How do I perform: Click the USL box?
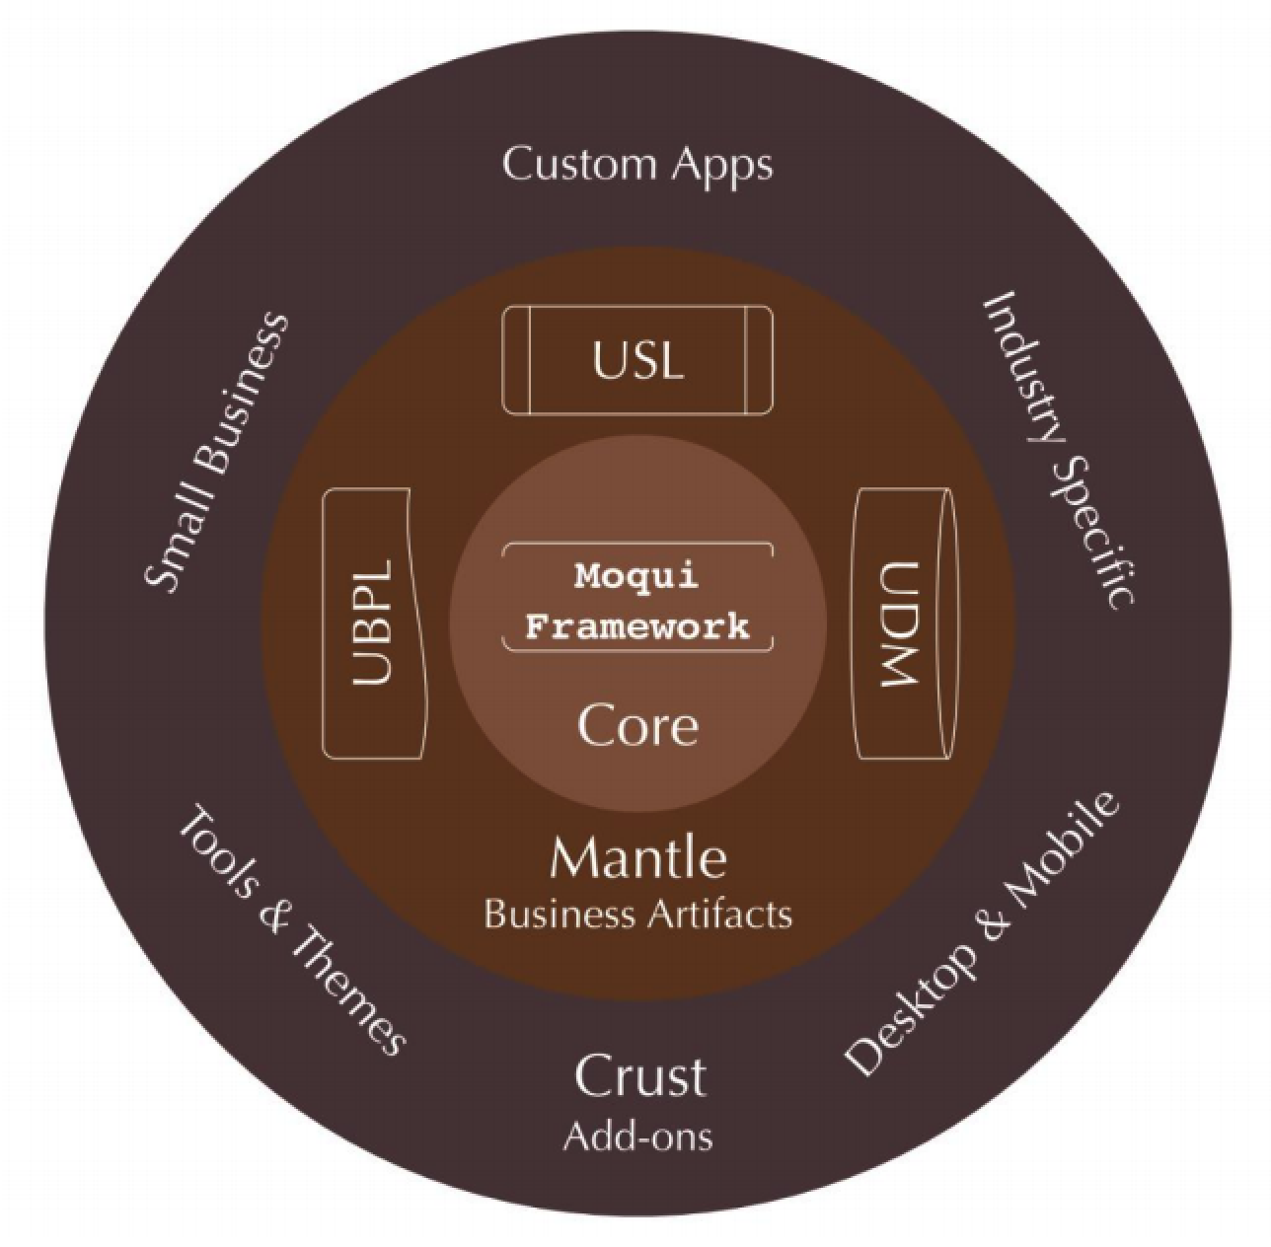[x=637, y=360]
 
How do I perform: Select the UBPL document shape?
[x=374, y=623]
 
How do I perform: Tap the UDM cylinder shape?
[x=903, y=623]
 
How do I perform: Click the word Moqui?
[x=636, y=575]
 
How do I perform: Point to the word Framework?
[x=636, y=625]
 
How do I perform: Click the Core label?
[x=637, y=725]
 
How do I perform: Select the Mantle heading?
[x=638, y=857]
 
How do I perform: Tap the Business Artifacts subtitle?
[x=637, y=915]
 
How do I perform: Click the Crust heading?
[x=640, y=1076]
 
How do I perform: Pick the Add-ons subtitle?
[x=637, y=1137]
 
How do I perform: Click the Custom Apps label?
[x=637, y=165]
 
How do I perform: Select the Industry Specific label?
[x=1058, y=449]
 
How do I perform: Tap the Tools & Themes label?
[x=291, y=931]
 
